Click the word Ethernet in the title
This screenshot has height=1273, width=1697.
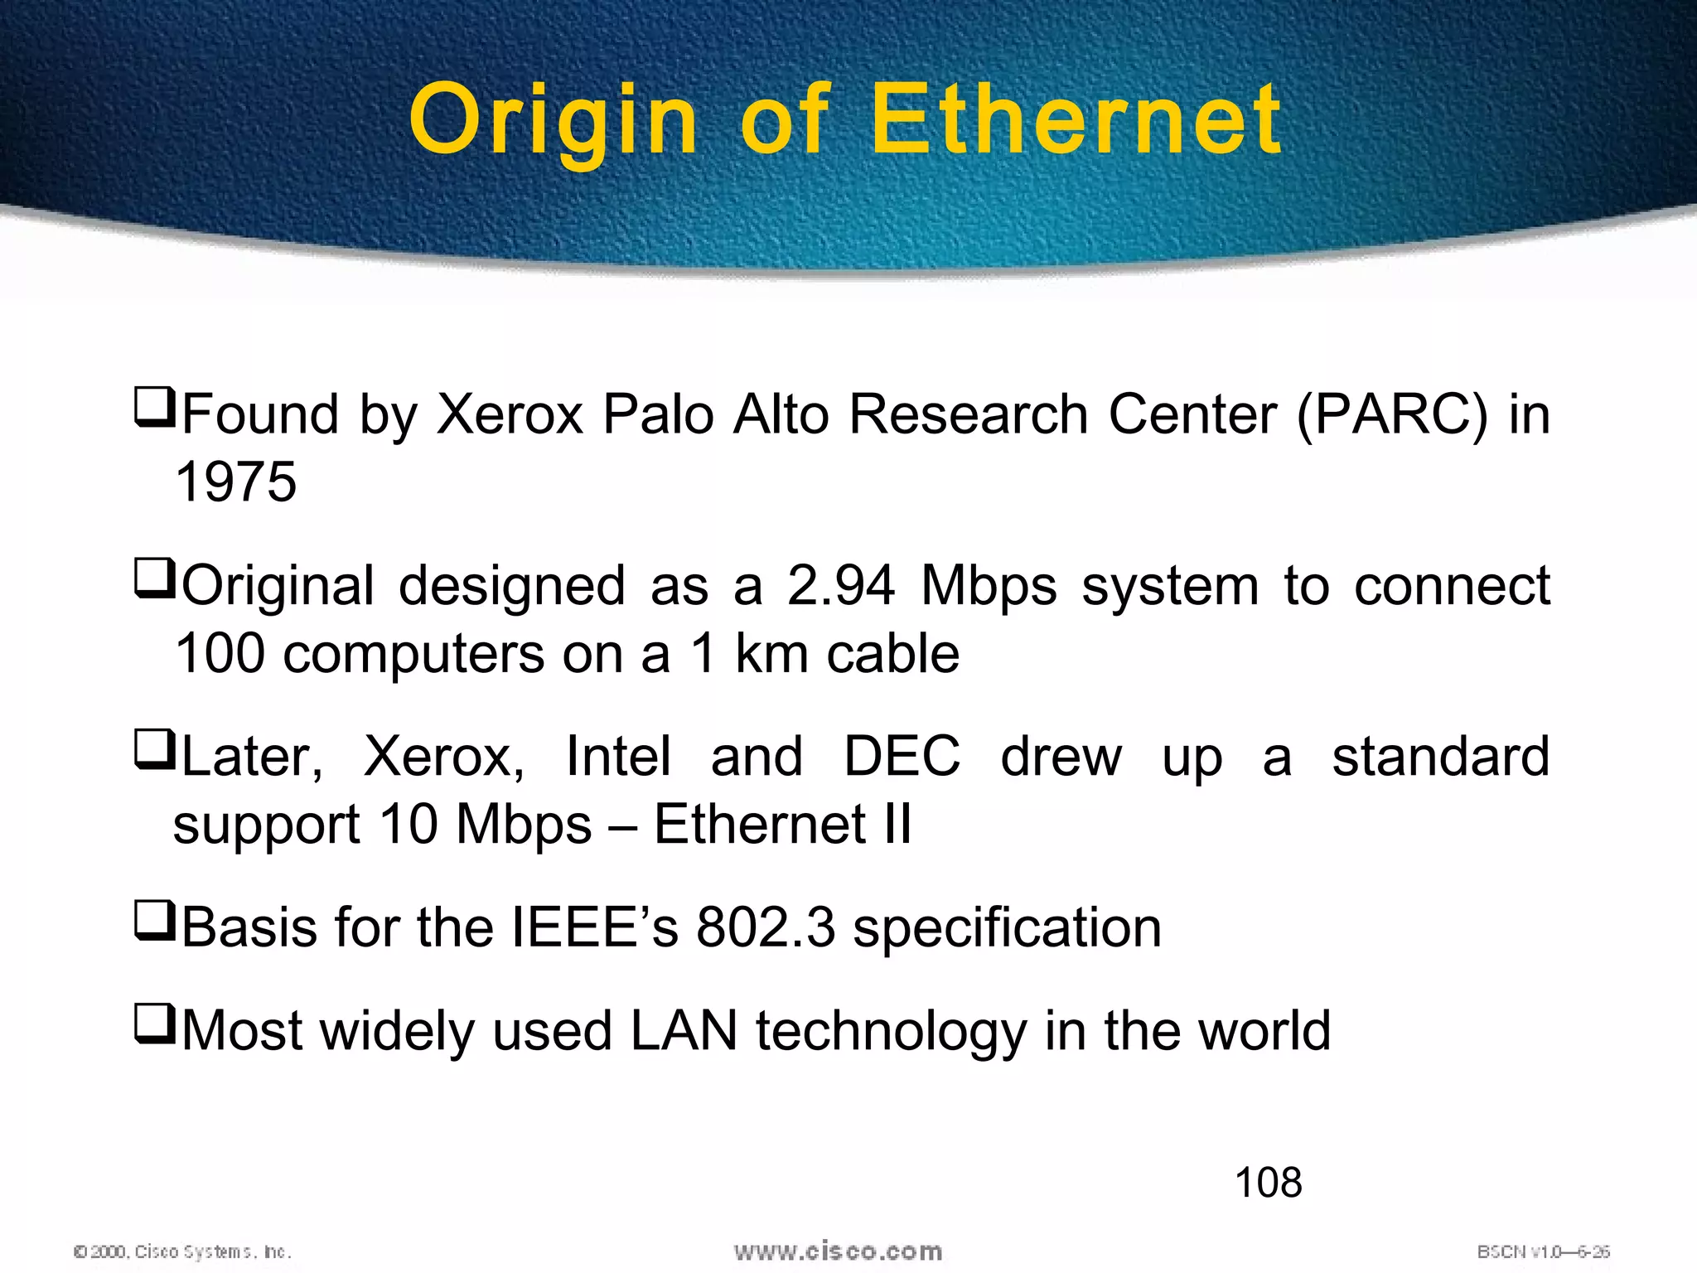1076,120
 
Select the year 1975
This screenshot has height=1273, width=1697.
236,482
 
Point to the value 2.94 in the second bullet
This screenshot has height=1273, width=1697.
841,586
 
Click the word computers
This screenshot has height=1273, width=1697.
414,654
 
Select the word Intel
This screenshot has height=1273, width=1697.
618,757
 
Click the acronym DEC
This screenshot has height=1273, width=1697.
902,757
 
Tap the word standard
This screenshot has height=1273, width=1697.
1440,757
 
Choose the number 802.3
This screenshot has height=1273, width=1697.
766,927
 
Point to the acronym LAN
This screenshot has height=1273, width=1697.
684,1031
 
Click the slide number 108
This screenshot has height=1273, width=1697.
1268,1183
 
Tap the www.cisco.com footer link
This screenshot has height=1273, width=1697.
838,1251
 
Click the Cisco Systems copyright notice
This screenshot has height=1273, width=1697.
182,1251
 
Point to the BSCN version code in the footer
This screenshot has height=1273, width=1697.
1543,1251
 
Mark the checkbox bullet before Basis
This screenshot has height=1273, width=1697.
154,922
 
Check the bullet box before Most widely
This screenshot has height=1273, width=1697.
154,1025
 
